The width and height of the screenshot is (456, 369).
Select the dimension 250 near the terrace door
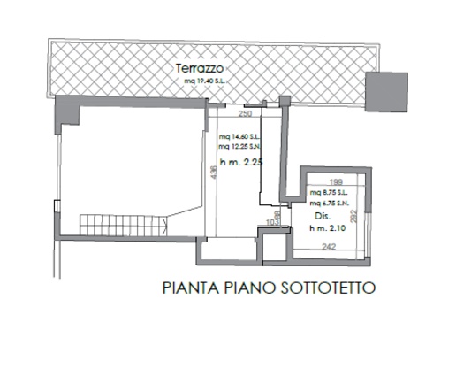[x=246, y=114]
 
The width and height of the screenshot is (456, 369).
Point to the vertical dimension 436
[x=212, y=174]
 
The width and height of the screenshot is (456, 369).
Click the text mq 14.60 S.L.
[x=239, y=137]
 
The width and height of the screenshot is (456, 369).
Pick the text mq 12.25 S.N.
[x=239, y=146]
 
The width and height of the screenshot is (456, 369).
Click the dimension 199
[x=333, y=183]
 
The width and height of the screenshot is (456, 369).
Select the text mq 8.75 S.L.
[x=329, y=193]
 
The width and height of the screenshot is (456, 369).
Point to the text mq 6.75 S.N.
[x=329, y=202]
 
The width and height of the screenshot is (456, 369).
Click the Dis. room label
[x=322, y=216]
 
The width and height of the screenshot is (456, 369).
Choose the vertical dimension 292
[x=354, y=216]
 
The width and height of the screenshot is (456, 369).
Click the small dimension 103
[x=271, y=223]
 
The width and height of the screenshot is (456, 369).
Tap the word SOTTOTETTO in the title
[x=329, y=288]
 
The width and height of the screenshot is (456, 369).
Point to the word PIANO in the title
[x=251, y=288]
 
